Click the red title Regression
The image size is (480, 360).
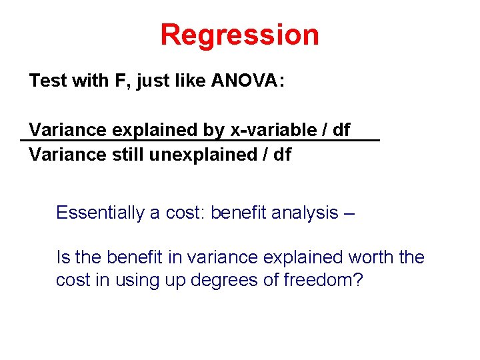[239, 35]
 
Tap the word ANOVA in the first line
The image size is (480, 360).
[247, 81]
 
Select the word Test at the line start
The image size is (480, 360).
[48, 81]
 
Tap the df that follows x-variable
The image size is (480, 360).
[340, 129]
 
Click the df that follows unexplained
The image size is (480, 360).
[282, 155]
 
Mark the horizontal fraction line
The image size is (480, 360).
[200, 141]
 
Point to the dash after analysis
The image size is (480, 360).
[350, 213]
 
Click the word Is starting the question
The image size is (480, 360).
[63, 257]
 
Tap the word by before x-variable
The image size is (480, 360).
[215, 130]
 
